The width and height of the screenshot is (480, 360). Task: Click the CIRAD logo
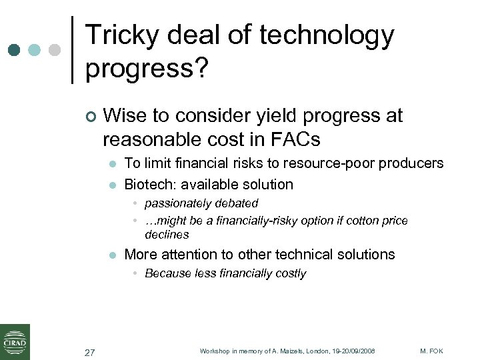coord(15,341)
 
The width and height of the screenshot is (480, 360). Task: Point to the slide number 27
coord(90,351)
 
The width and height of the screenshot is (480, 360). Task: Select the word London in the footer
coord(315,351)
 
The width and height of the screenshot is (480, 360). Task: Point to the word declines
coord(167,235)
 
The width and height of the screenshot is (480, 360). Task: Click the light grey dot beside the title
coord(55,50)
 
